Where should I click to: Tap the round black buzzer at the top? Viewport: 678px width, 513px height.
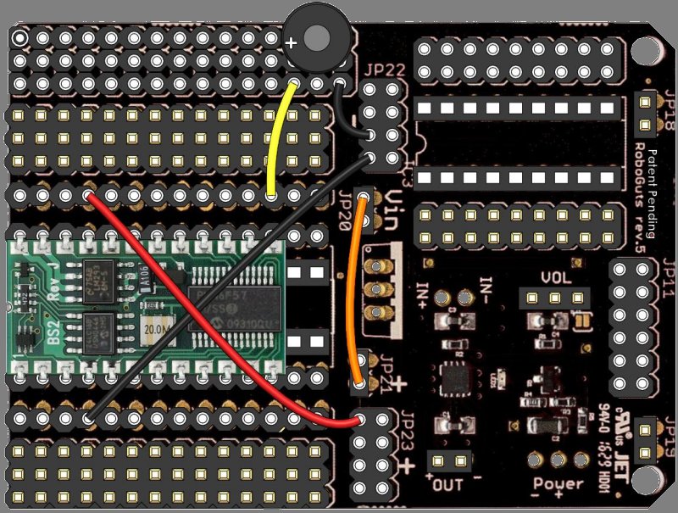pos(316,39)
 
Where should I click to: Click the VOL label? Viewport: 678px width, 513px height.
pos(556,279)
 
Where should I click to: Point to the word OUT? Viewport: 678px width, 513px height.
pos(447,487)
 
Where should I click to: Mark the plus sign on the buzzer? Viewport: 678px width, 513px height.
pos(292,42)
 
